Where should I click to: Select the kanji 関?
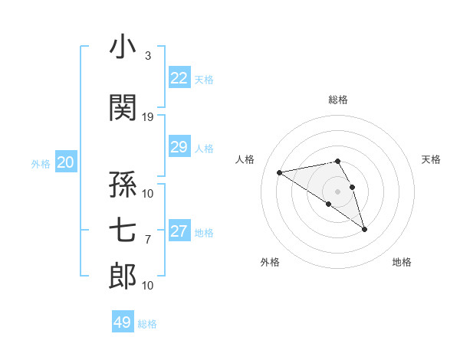click(x=123, y=107)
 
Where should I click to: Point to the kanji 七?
click(x=123, y=228)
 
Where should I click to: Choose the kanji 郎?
click(x=123, y=276)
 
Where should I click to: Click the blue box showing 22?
click(x=179, y=78)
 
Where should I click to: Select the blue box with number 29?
click(x=179, y=147)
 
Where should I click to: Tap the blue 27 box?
click(x=179, y=231)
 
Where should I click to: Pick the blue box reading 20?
click(x=66, y=162)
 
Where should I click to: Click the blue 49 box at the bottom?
click(x=123, y=322)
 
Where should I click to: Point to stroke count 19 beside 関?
click(x=148, y=117)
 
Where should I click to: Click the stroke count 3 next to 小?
click(x=148, y=56)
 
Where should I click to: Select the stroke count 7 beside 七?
click(x=148, y=240)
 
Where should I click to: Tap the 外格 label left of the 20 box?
click(x=41, y=163)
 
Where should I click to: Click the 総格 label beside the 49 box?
click(x=148, y=324)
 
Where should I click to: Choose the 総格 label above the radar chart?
click(x=338, y=100)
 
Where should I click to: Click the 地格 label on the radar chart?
click(x=402, y=262)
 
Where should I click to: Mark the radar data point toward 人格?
click(x=280, y=172)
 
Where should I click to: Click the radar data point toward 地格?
click(x=364, y=229)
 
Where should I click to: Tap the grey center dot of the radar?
click(x=337, y=191)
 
